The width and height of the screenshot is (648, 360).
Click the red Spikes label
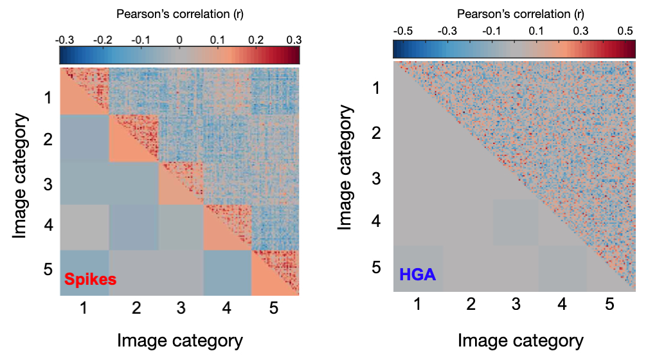(x=89, y=280)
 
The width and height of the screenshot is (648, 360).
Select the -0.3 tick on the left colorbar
(x=64, y=39)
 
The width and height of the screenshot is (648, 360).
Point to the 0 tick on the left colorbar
(x=180, y=39)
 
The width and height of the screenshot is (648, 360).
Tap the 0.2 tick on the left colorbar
(x=256, y=39)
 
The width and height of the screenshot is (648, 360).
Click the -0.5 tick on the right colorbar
(x=402, y=30)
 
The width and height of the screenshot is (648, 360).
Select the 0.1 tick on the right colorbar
(x=535, y=30)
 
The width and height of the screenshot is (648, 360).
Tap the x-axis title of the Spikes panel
(x=180, y=340)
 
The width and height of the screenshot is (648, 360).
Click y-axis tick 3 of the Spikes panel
(x=46, y=183)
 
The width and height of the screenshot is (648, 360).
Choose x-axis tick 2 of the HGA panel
(x=471, y=305)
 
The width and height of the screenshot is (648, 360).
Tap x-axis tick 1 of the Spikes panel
(x=84, y=309)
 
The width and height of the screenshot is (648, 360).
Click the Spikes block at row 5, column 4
(x=228, y=273)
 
